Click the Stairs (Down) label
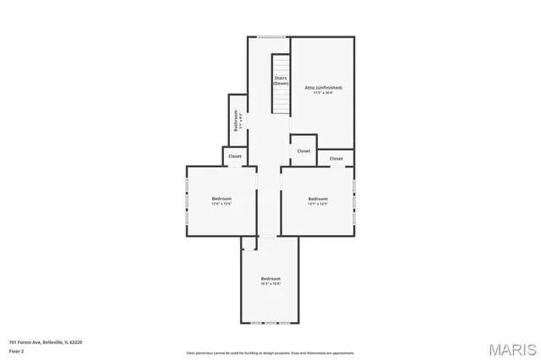point(280,81)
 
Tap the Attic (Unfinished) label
point(322,87)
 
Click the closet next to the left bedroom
point(235,156)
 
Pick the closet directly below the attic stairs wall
point(302,150)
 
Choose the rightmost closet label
point(336,158)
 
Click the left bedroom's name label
point(221,199)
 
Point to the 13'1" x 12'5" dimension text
point(317,204)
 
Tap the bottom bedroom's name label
point(270,278)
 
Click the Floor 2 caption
point(17,350)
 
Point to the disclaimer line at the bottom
point(270,353)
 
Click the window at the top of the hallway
point(270,36)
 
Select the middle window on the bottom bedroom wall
point(270,324)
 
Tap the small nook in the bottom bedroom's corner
point(249,243)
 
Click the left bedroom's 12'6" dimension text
point(221,204)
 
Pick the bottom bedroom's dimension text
point(270,284)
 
